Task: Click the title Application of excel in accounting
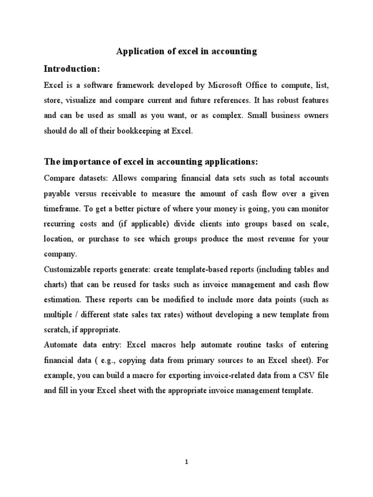click(x=186, y=51)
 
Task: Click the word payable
click(x=57, y=194)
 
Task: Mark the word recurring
click(x=60, y=224)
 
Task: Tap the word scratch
click(x=56, y=330)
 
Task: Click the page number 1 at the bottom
click(x=186, y=462)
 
